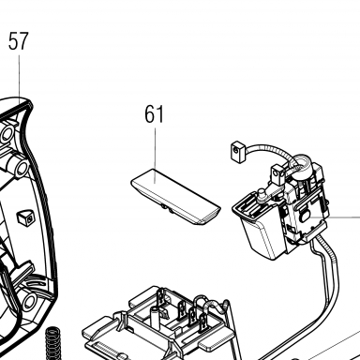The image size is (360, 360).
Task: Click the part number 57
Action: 19,40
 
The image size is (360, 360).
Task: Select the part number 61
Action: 155,114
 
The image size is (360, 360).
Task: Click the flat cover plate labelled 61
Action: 175,197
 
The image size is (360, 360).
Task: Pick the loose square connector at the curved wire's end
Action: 238,151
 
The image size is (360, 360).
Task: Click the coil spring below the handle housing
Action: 52,343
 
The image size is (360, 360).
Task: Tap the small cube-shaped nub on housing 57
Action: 25,217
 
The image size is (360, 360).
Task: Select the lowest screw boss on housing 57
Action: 29,301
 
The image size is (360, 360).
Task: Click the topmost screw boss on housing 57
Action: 7,134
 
